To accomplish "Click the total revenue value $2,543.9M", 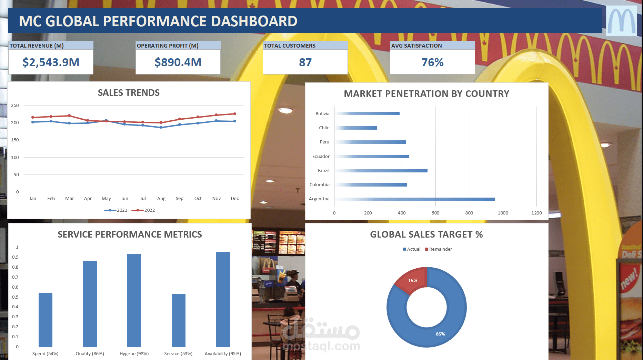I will [51, 62].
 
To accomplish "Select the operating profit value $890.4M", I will [178, 62].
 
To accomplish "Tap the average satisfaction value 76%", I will [432, 62].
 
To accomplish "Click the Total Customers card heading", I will [290, 46].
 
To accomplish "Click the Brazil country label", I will [323, 170].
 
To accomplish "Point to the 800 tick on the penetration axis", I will [469, 213].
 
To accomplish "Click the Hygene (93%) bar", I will [134, 300].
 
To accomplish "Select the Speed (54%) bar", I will [46, 320].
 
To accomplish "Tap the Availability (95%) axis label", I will [223, 353].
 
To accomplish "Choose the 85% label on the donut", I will [440, 334].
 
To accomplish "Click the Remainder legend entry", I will [439, 249].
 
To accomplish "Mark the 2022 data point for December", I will [235, 114].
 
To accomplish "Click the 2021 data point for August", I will [161, 127].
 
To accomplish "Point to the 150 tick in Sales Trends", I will [15, 140].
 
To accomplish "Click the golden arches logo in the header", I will [621, 21].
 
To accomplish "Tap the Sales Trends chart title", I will [129, 93].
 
